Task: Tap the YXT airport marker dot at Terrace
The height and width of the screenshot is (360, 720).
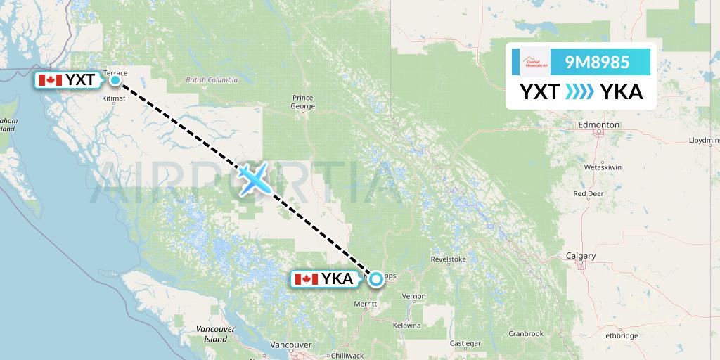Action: pos(115,80)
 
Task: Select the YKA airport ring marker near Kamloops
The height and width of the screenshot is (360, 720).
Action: pos(376,279)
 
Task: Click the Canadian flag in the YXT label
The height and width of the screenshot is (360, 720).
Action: pos(49,80)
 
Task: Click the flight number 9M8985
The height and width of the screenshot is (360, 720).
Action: pos(597,63)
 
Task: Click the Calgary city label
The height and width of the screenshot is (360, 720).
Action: pos(581,255)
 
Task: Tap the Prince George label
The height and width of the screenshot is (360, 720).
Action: pos(303,102)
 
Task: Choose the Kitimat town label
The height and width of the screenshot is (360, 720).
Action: pos(113,98)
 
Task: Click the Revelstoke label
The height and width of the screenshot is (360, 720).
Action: pos(449,259)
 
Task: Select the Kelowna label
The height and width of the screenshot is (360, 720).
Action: pos(406,326)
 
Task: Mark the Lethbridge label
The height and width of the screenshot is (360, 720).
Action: pos(619,335)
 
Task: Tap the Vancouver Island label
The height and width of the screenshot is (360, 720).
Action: pos(212,334)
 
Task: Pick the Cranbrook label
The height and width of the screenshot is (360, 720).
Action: pos(527,333)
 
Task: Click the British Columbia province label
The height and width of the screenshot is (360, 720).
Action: pos(212,80)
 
